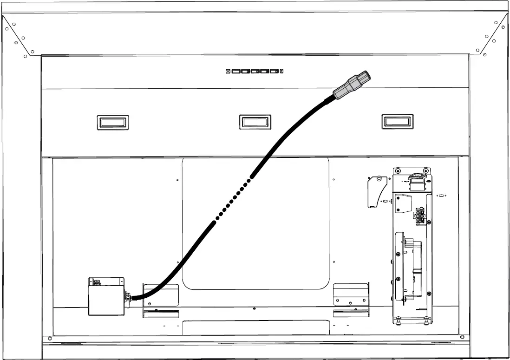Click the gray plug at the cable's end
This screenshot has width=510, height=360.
pos(353,86)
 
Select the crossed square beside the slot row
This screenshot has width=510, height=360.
pos(228,72)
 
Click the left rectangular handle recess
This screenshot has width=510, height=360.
pos(113,123)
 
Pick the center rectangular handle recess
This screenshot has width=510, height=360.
pos(255,122)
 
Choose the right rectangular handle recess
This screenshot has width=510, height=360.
pos(397,122)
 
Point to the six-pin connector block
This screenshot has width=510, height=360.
pos(419,216)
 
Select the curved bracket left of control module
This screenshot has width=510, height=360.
pos(374,191)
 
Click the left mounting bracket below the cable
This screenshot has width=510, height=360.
pos(160,294)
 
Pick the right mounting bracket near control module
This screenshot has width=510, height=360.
pos(350,294)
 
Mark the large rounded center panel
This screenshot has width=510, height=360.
pos(255,223)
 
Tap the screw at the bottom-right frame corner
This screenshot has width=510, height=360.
pos(462,337)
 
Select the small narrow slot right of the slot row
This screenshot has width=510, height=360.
pos(282,72)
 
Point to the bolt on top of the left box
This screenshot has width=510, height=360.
pos(97,281)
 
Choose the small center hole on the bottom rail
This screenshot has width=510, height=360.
pos(254,308)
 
